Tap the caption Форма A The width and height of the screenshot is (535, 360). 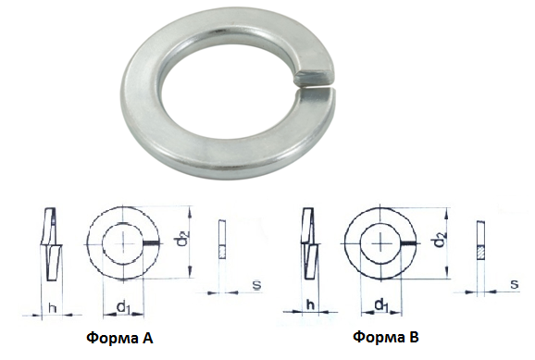pyautogui.click(x=120, y=338)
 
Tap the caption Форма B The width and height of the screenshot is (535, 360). pyautogui.click(x=386, y=337)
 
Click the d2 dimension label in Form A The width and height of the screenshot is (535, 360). pyautogui.click(x=183, y=239)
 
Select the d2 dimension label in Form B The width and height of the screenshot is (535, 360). pyautogui.click(x=441, y=240)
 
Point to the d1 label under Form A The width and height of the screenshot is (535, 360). pyautogui.click(x=123, y=306)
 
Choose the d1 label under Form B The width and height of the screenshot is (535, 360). pyautogui.click(x=380, y=304)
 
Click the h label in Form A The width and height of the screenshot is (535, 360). pyautogui.click(x=52, y=308)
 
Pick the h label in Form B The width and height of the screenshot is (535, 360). pyautogui.click(x=310, y=304)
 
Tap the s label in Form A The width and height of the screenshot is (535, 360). pyautogui.click(x=257, y=285)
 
